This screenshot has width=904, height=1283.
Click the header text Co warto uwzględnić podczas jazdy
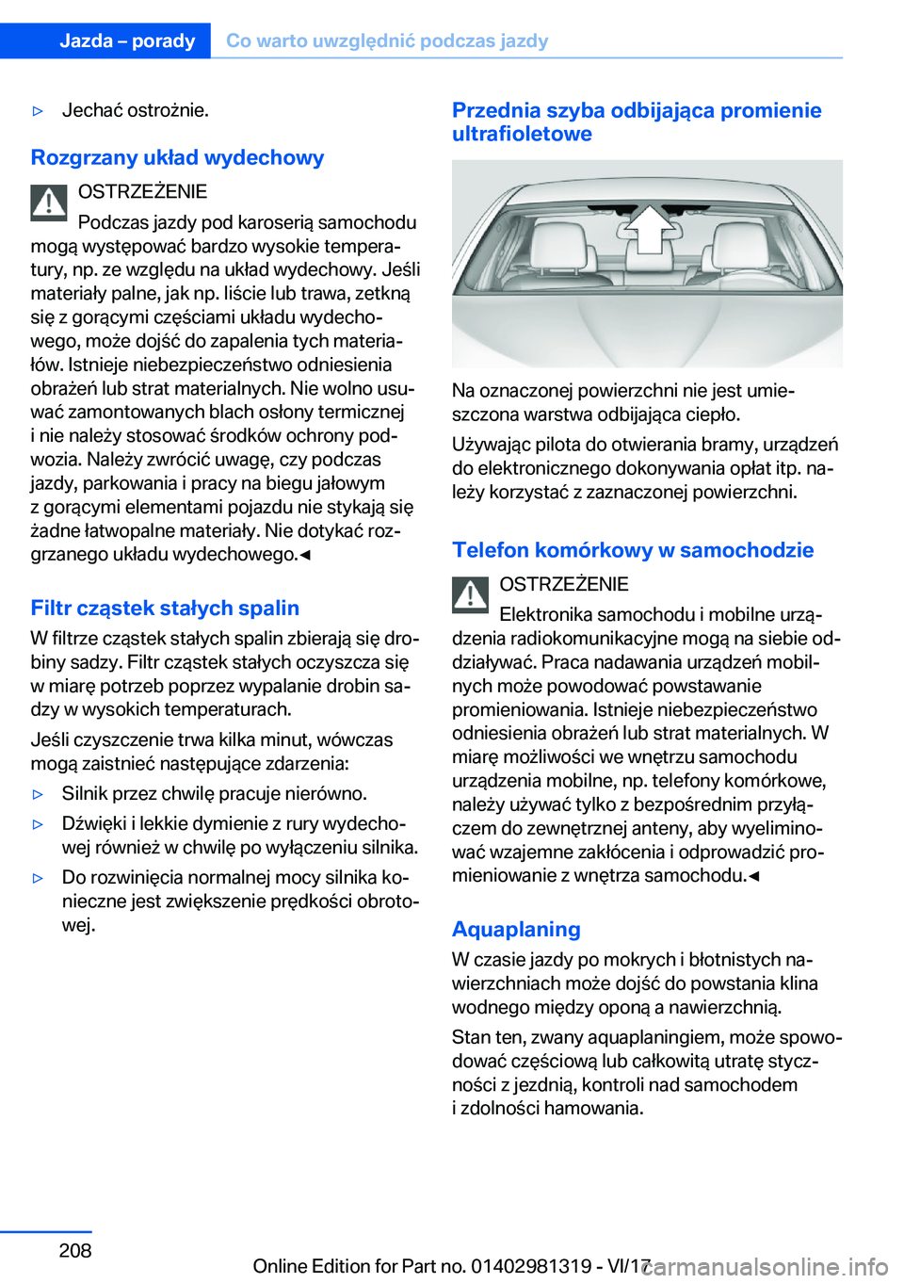point(387,41)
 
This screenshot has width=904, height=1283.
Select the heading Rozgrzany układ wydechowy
point(177,157)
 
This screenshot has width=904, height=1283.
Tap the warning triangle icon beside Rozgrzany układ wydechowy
point(49,203)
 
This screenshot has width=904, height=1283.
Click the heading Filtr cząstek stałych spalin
point(165,608)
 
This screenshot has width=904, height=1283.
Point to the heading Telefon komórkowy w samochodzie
point(633,550)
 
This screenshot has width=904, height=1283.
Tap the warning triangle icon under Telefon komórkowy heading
point(470,594)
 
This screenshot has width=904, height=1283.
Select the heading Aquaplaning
point(516,929)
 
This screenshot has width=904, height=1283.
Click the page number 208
point(75,1250)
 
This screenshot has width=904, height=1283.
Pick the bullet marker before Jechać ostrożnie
point(39,111)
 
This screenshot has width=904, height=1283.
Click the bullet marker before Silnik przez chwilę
point(39,794)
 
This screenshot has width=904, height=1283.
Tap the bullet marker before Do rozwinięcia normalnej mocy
point(39,878)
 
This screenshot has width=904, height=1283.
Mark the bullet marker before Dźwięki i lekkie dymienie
point(39,824)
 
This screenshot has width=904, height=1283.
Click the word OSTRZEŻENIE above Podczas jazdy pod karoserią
point(142,192)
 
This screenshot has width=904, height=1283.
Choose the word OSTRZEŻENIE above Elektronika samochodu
point(564,584)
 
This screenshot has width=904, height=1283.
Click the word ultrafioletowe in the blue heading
point(522,134)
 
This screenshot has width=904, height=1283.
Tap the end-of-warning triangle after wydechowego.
point(305,555)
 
